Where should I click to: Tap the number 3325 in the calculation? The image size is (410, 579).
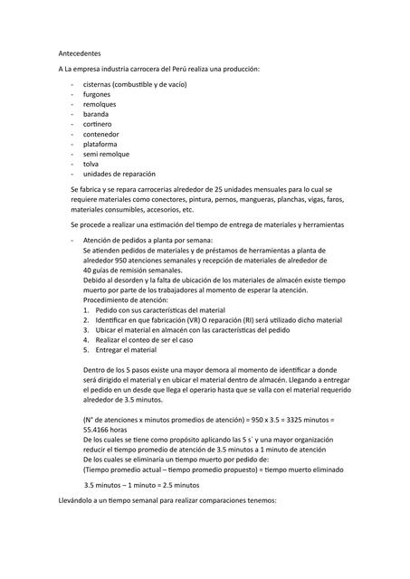tap(272, 419)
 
